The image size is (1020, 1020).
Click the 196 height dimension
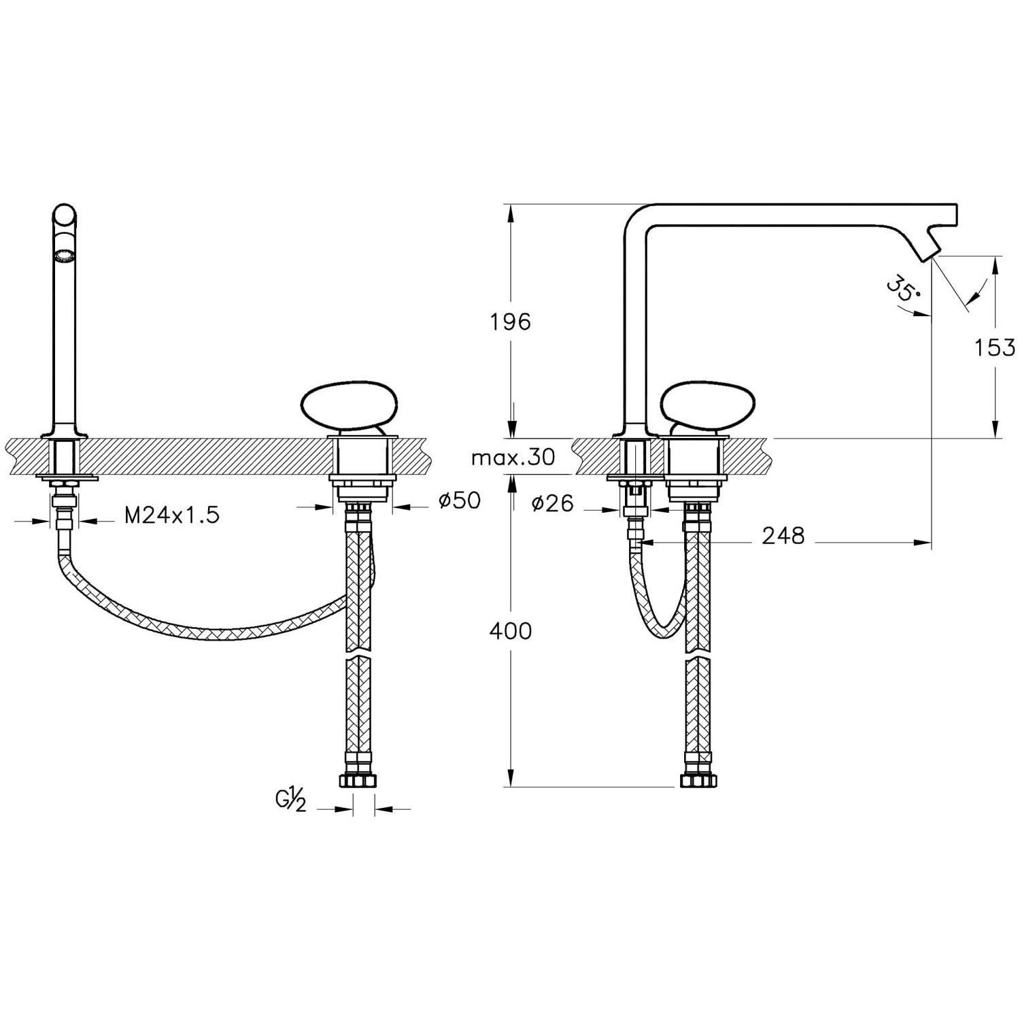pyautogui.click(x=510, y=322)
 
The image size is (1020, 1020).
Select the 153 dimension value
pyautogui.click(x=995, y=347)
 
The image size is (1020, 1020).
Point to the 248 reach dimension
pyautogui.click(x=783, y=536)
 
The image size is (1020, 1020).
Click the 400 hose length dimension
pyautogui.click(x=510, y=631)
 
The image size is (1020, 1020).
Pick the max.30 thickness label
pyautogui.click(x=513, y=457)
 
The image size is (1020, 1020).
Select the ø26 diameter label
pyautogui.click(x=553, y=503)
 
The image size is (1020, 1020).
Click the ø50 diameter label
pyautogui.click(x=460, y=500)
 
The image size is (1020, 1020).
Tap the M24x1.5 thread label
pyautogui.click(x=172, y=515)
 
